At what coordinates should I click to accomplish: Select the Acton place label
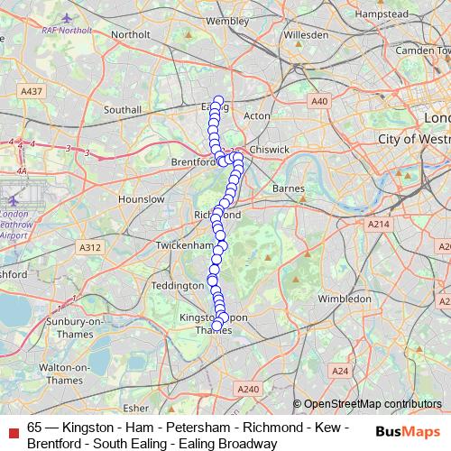click(257, 116)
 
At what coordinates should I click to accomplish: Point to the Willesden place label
click(306, 35)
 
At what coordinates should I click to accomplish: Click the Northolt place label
click(130, 34)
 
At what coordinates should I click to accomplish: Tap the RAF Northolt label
click(68, 28)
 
